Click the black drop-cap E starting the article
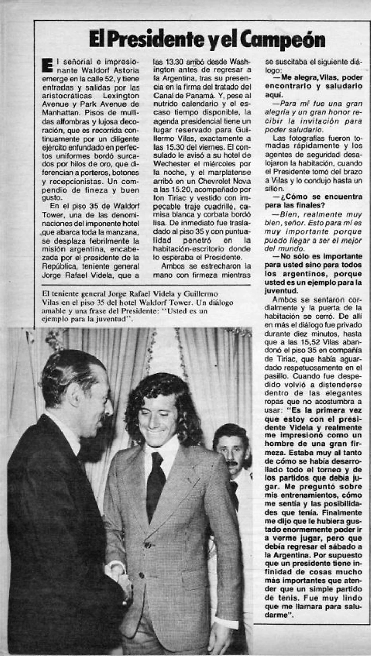[47, 65]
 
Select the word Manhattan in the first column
[60, 115]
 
